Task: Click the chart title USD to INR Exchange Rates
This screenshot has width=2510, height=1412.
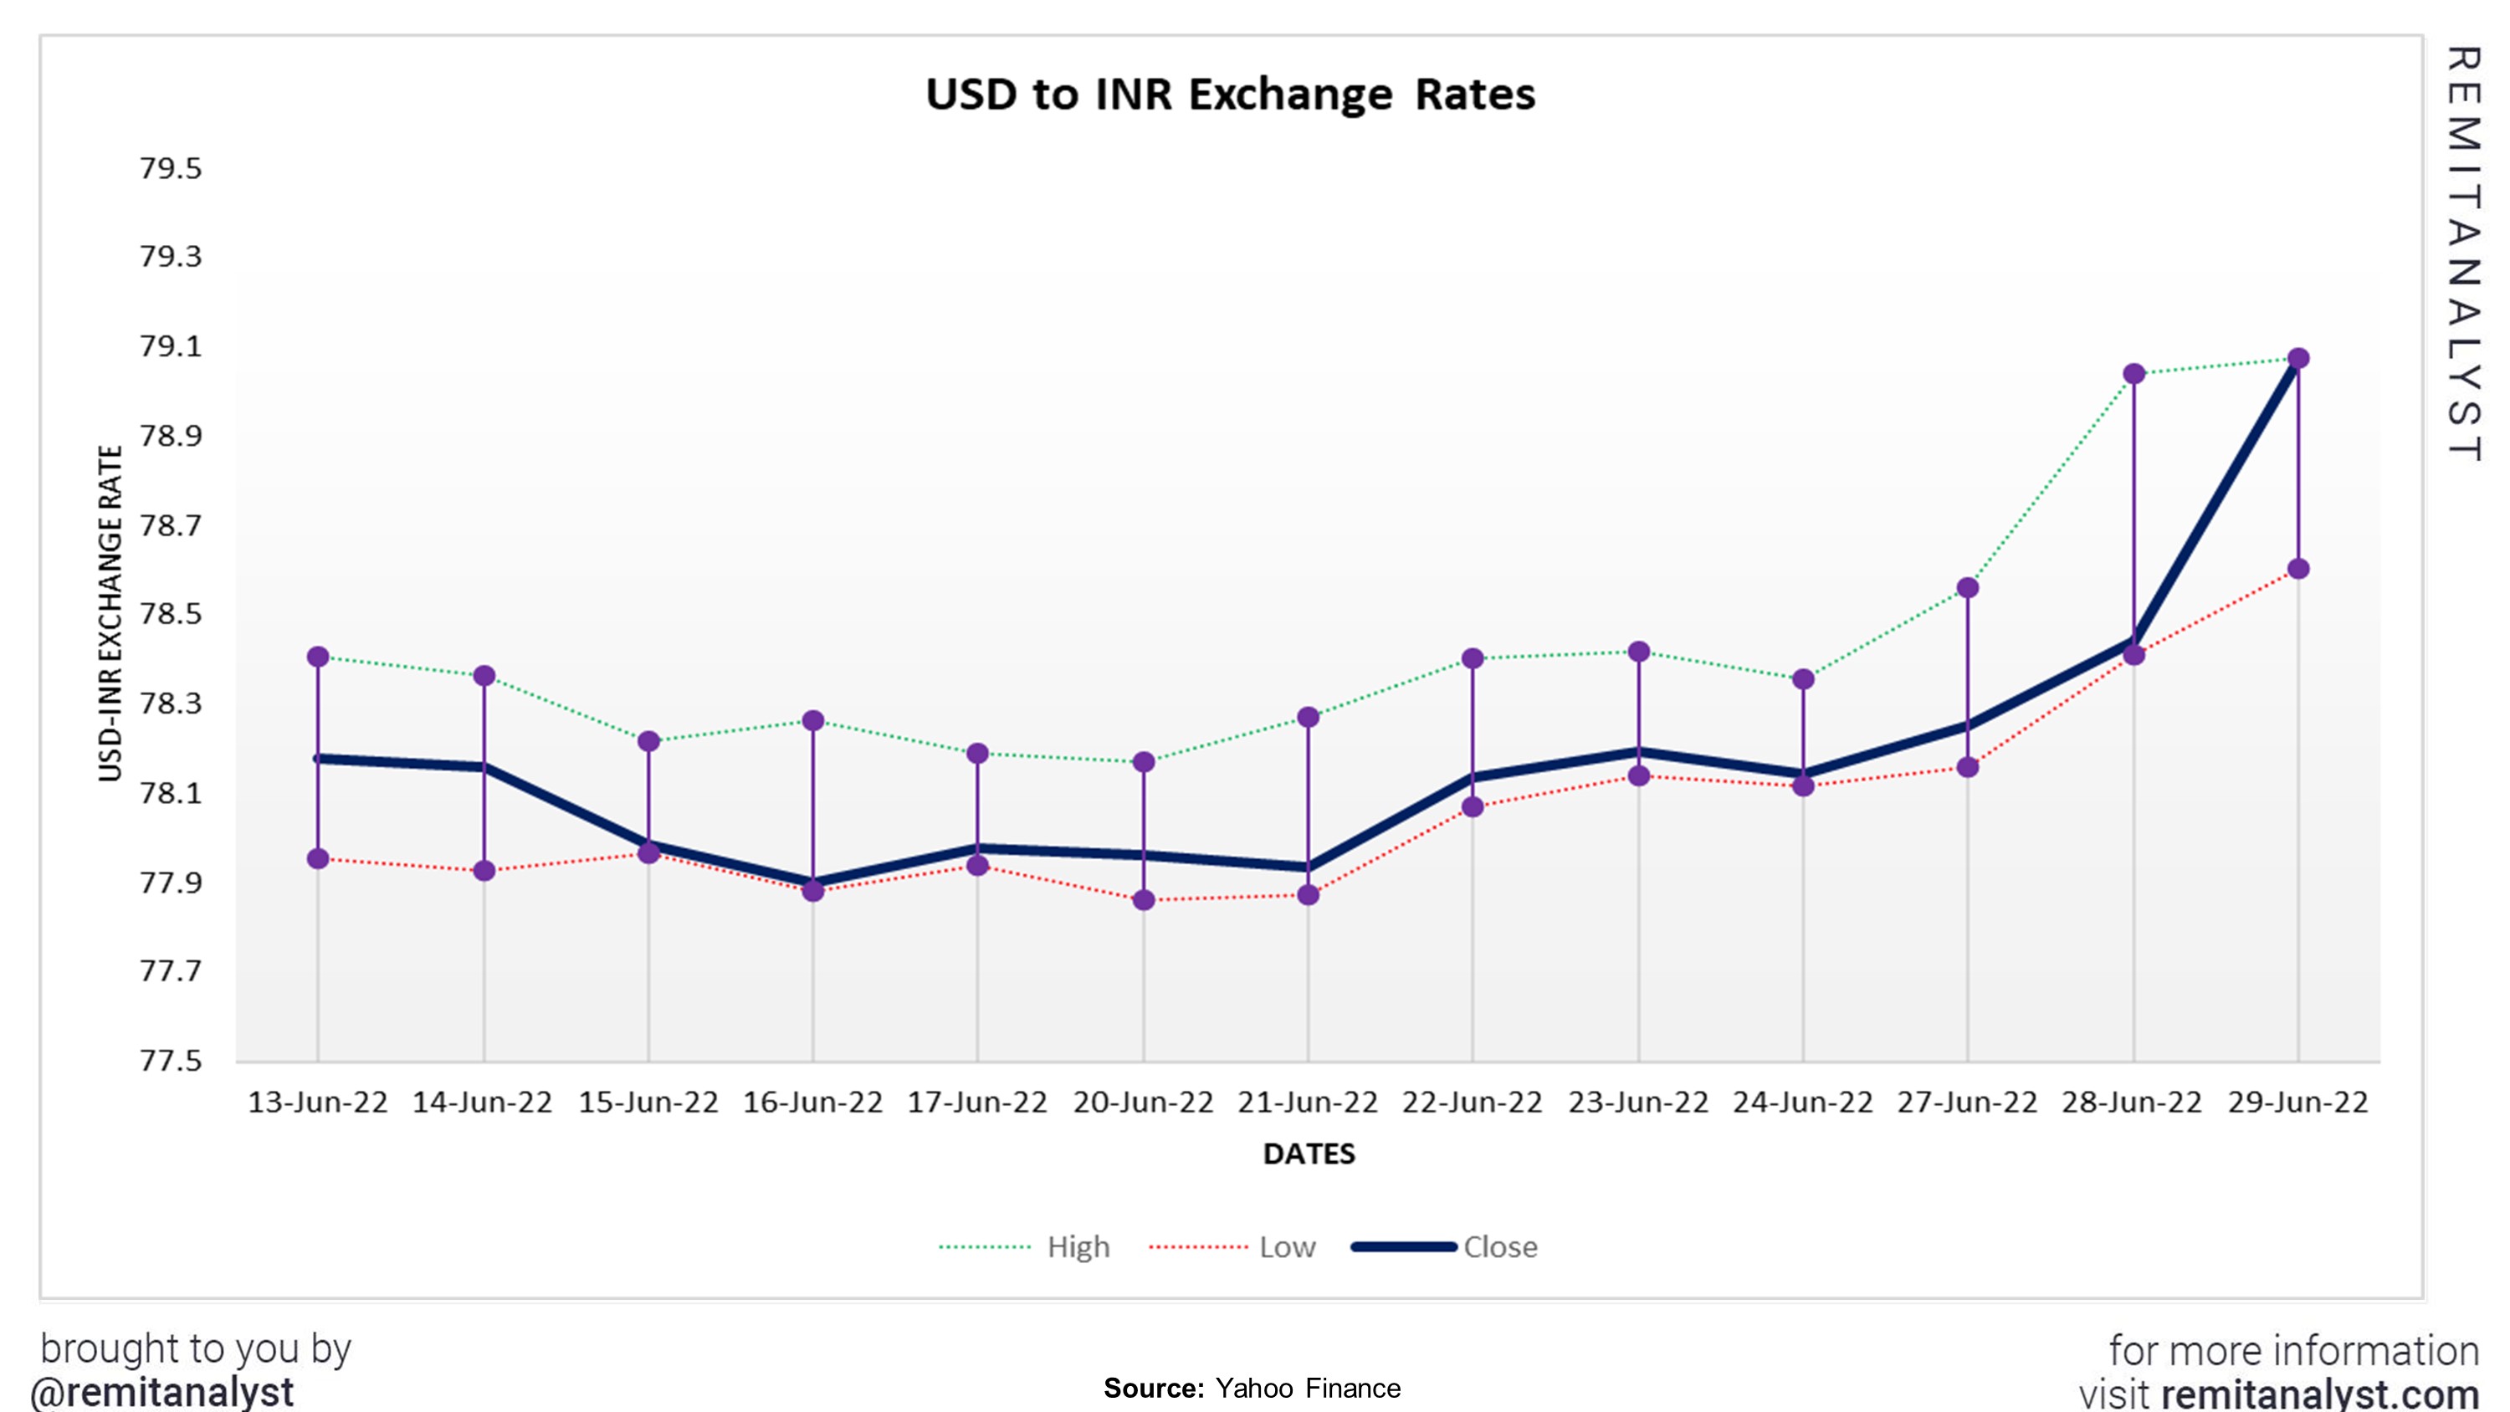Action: pos(1230,95)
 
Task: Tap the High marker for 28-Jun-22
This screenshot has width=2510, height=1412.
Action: pos(2133,374)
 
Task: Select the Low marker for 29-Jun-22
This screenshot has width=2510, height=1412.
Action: pos(2297,569)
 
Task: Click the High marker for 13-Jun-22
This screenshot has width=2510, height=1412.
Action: pos(318,657)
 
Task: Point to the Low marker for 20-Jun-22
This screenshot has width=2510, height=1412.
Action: pos(1144,900)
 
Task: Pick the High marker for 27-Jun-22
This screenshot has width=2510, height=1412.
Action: pos(1967,587)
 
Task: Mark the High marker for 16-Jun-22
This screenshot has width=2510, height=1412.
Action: pos(812,721)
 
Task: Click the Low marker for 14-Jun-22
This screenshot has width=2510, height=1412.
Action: pos(484,870)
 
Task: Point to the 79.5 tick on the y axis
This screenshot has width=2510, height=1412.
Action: pos(171,169)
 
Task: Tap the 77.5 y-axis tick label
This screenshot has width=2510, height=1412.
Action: pos(171,1060)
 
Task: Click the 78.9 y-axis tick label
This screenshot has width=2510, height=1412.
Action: pos(171,436)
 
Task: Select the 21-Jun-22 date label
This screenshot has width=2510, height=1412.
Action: pos(1308,1102)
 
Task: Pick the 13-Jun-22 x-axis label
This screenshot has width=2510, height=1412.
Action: pos(318,1102)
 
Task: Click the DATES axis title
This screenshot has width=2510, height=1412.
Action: pos(1309,1154)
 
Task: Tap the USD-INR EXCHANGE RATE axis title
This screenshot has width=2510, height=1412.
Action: pos(110,613)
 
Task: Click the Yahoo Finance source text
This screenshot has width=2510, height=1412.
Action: pos(1307,1388)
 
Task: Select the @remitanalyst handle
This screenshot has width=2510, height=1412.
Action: pos(162,1392)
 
